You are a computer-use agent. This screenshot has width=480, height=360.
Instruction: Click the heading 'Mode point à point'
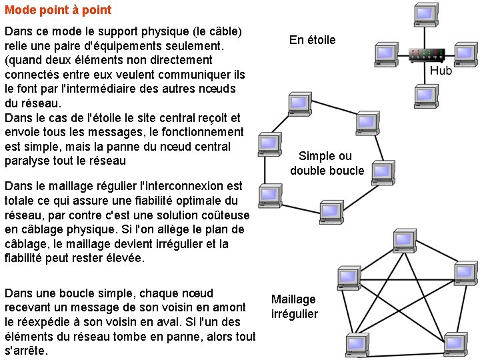[x=58, y=11]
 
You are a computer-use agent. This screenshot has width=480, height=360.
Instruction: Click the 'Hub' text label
[x=441, y=71]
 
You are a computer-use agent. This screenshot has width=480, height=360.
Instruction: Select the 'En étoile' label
[x=312, y=40]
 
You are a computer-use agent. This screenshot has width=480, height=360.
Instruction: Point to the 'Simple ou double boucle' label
[x=327, y=163]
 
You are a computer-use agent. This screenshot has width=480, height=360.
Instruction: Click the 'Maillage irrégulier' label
[x=294, y=307]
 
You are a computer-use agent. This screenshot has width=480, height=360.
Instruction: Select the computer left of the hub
[x=385, y=53]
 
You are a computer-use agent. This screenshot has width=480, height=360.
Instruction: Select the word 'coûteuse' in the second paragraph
[x=227, y=215]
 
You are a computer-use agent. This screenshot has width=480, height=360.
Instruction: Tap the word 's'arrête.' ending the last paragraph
[x=26, y=351]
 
